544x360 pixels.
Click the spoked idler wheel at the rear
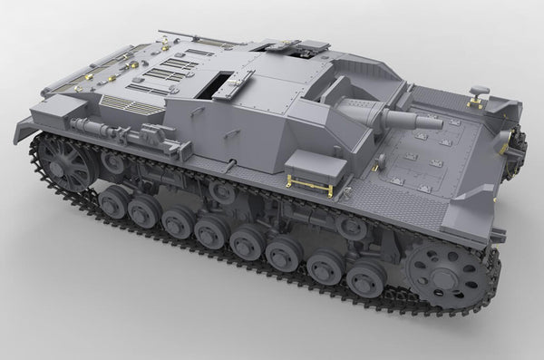point(67,164)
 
